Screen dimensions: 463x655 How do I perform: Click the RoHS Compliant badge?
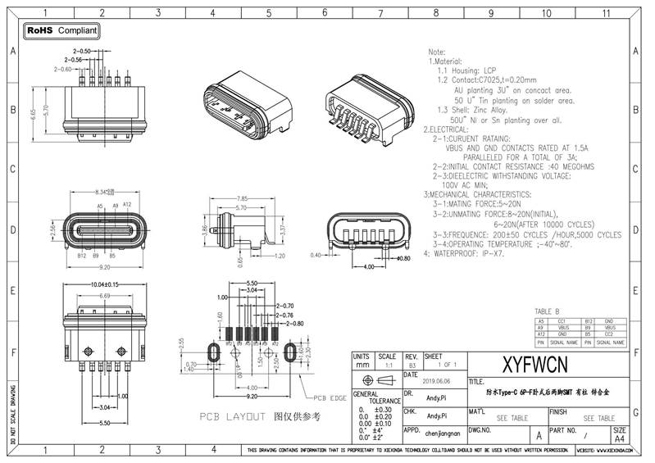tap(61, 31)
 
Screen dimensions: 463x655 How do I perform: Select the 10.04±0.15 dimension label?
tap(98, 284)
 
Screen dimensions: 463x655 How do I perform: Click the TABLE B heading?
tap(547, 311)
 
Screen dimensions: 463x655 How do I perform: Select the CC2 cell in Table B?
tap(608, 335)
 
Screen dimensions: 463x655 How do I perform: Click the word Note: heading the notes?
tap(437, 51)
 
